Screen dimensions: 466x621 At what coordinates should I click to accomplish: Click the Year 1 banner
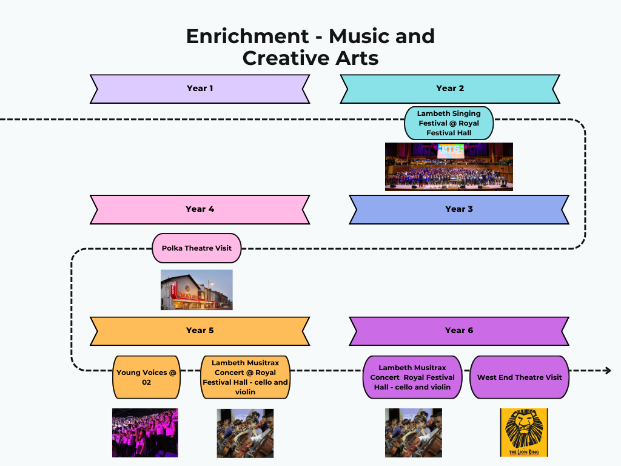point(200,89)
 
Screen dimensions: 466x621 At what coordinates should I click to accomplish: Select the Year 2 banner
point(449,89)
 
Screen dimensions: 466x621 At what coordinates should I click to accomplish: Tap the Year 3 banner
point(458,209)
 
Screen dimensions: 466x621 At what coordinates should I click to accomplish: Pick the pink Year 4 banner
point(200,209)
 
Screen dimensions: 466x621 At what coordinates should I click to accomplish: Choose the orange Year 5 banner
point(200,331)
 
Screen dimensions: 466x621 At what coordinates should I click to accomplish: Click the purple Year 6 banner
point(458,331)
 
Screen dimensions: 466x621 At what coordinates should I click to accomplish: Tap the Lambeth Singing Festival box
point(449,123)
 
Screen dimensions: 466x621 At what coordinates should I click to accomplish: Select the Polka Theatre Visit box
point(196,248)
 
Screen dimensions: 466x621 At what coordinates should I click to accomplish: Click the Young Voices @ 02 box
point(146,377)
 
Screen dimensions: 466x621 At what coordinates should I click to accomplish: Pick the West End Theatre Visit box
point(519,377)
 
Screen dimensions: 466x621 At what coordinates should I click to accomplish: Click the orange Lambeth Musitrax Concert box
point(246,377)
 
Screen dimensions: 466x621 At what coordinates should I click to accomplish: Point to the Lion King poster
point(523,432)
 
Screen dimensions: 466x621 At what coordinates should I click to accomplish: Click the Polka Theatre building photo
point(196,290)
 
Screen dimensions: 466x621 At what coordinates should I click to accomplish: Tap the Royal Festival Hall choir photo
point(449,167)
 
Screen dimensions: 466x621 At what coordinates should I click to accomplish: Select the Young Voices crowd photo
point(145,432)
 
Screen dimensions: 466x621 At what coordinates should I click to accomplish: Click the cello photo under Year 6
point(413,432)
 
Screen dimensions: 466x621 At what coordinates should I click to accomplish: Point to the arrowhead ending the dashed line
point(607,370)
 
